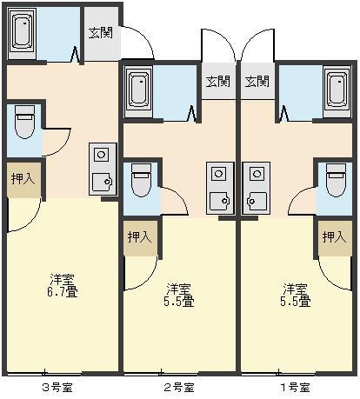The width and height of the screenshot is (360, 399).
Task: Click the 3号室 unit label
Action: click(57, 388)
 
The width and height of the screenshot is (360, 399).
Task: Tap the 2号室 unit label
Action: click(179, 388)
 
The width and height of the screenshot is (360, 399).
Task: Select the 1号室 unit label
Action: click(295, 388)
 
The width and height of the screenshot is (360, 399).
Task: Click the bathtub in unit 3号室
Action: click(22, 34)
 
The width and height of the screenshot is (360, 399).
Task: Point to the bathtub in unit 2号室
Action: click(138, 91)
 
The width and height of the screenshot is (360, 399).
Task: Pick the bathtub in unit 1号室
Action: click(337, 91)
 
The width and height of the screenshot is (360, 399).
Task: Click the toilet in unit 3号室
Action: click(24, 122)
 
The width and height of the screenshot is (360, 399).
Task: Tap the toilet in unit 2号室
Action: click(141, 180)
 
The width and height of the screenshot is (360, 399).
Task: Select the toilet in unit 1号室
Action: click(336, 180)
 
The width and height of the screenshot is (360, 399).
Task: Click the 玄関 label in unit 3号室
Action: click(101, 33)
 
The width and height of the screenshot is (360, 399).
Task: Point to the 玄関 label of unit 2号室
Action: click(217, 82)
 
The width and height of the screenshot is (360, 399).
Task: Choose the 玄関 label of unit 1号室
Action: click(257, 82)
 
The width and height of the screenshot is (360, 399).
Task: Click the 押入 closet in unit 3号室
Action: click(23, 180)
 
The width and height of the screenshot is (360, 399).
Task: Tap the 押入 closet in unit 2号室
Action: click(140, 238)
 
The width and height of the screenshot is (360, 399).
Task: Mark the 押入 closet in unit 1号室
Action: click(335, 238)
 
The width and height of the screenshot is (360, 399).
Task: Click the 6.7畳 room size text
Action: click(63, 291)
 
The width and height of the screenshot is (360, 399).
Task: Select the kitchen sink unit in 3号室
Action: click(103, 169)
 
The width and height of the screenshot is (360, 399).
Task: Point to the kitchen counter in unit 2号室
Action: click(220, 189)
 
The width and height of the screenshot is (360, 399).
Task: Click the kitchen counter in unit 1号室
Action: click(257, 189)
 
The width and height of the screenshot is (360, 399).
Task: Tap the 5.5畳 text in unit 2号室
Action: click(179, 301)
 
